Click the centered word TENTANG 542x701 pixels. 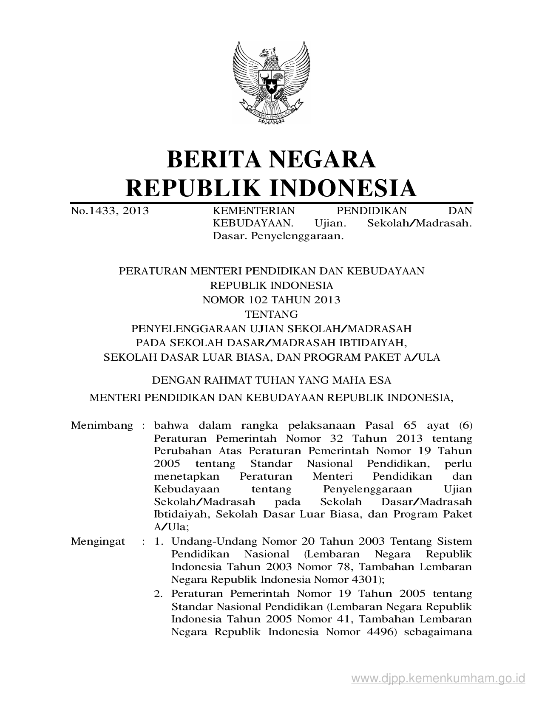pos(272,314)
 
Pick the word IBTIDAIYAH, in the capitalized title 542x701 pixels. pos(373,343)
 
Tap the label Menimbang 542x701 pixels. pos(102,426)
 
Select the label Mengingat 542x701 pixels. pos(98,541)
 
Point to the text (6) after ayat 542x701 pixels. pos(465,426)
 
